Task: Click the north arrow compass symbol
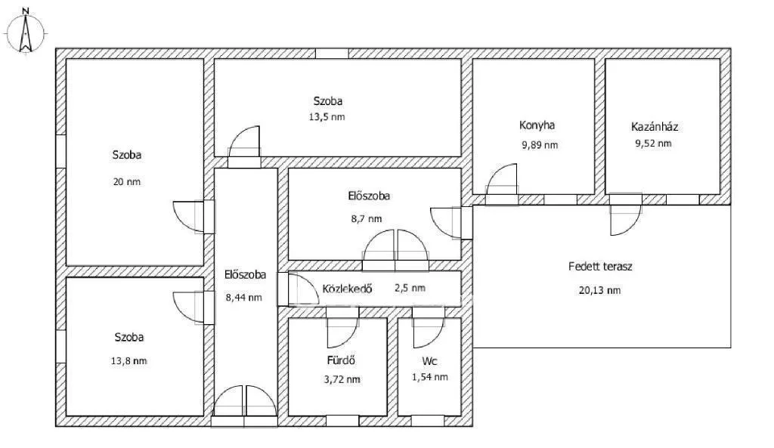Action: [26, 32]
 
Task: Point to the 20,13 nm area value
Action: [601, 290]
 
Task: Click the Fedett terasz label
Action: [600, 267]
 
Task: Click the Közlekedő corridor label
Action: [348, 288]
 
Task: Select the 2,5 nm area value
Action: [410, 288]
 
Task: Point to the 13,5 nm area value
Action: [329, 116]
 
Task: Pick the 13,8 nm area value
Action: [128, 360]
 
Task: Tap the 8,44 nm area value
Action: [244, 297]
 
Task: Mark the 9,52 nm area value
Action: [653, 143]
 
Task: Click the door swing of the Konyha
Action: [502, 181]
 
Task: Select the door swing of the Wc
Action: [429, 330]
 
